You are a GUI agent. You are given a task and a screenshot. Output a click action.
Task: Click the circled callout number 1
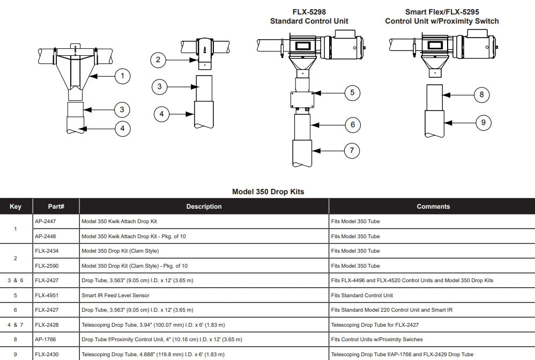(x=122, y=76)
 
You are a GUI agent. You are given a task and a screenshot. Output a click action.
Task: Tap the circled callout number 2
(x=158, y=60)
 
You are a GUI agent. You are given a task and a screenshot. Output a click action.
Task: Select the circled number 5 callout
(x=352, y=93)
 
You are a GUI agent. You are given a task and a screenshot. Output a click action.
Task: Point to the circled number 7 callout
(x=351, y=150)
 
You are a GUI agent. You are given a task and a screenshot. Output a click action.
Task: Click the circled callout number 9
(x=483, y=122)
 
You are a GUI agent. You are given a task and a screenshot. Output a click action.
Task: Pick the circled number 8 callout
(x=481, y=95)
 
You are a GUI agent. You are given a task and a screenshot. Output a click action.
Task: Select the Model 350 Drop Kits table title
(x=267, y=192)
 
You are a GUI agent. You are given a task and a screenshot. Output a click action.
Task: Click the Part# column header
(x=56, y=207)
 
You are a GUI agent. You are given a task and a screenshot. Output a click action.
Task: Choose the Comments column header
(x=433, y=207)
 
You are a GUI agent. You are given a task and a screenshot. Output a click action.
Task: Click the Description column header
(x=204, y=207)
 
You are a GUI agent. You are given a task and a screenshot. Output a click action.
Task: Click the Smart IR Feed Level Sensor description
(x=115, y=295)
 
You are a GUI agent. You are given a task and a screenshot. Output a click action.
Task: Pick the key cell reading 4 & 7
(x=16, y=325)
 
